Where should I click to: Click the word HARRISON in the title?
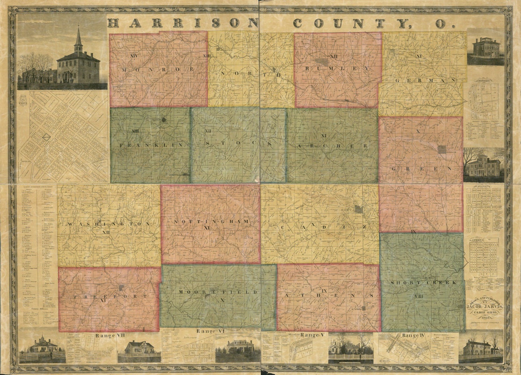click(x=183, y=23)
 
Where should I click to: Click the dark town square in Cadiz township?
click(x=358, y=209)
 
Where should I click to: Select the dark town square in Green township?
click(x=442, y=149)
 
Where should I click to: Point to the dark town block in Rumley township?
click(x=321, y=61)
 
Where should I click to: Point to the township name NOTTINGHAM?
click(x=209, y=221)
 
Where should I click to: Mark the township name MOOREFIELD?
click(x=218, y=292)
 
